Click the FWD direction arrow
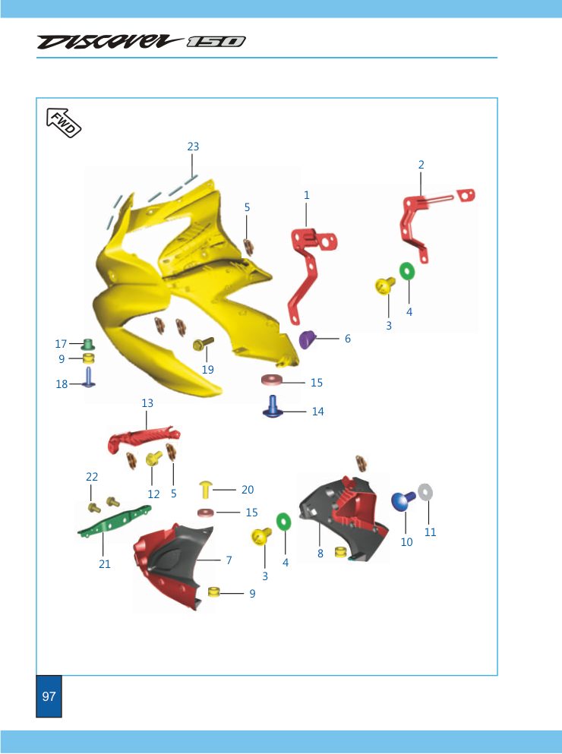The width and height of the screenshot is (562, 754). (64, 122)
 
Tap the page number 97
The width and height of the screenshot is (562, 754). (49, 696)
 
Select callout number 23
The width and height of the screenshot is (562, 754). (193, 147)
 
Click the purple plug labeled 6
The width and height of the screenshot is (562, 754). (306, 339)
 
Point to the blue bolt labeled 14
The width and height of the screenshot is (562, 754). (273, 407)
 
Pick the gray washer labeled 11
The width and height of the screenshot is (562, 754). (425, 492)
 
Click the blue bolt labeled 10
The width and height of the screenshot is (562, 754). (403, 501)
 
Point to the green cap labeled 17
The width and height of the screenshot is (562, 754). (87, 344)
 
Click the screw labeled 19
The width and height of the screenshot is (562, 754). (203, 344)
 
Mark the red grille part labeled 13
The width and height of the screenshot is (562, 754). (144, 437)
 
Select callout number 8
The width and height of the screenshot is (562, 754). (320, 554)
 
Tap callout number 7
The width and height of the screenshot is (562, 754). (229, 560)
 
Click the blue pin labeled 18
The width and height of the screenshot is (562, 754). (89, 377)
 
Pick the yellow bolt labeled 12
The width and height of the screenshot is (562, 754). (153, 459)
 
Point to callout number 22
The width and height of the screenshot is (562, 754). (92, 477)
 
